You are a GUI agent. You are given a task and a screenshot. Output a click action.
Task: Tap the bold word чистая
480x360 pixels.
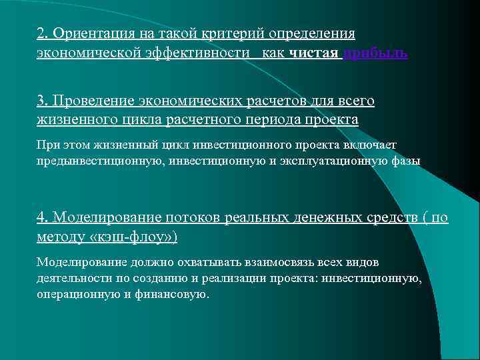(315, 53)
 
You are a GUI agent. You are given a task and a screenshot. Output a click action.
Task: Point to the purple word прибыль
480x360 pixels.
(375, 53)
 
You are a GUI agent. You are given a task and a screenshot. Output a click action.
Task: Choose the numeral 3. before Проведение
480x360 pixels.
(43, 101)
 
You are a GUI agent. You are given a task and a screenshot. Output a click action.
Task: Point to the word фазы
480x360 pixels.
(407, 161)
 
